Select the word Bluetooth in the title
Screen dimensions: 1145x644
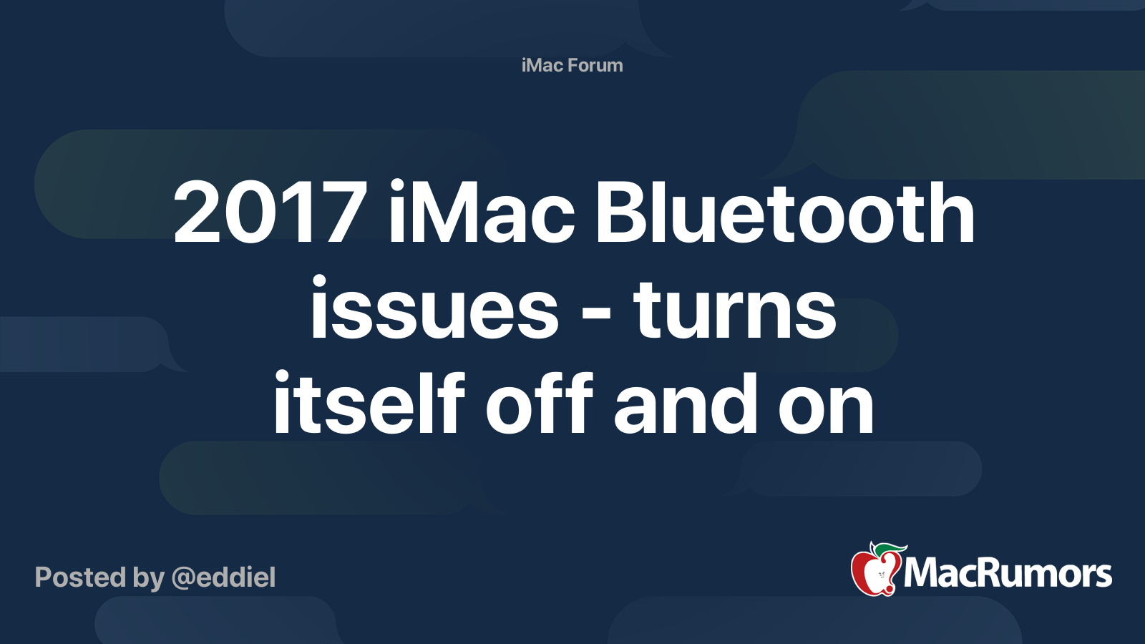[x=785, y=211]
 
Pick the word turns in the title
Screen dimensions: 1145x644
[x=734, y=309]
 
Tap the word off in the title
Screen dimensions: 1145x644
[x=540, y=404]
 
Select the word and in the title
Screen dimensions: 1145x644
[x=686, y=404]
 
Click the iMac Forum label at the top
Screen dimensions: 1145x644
[x=572, y=65]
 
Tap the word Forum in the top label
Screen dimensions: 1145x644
[x=595, y=65]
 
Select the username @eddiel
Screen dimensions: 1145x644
[x=223, y=577]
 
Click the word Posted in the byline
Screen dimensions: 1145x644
[x=80, y=577]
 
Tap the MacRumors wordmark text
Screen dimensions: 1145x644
[x=1008, y=573]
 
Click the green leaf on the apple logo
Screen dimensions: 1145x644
[x=890, y=550]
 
